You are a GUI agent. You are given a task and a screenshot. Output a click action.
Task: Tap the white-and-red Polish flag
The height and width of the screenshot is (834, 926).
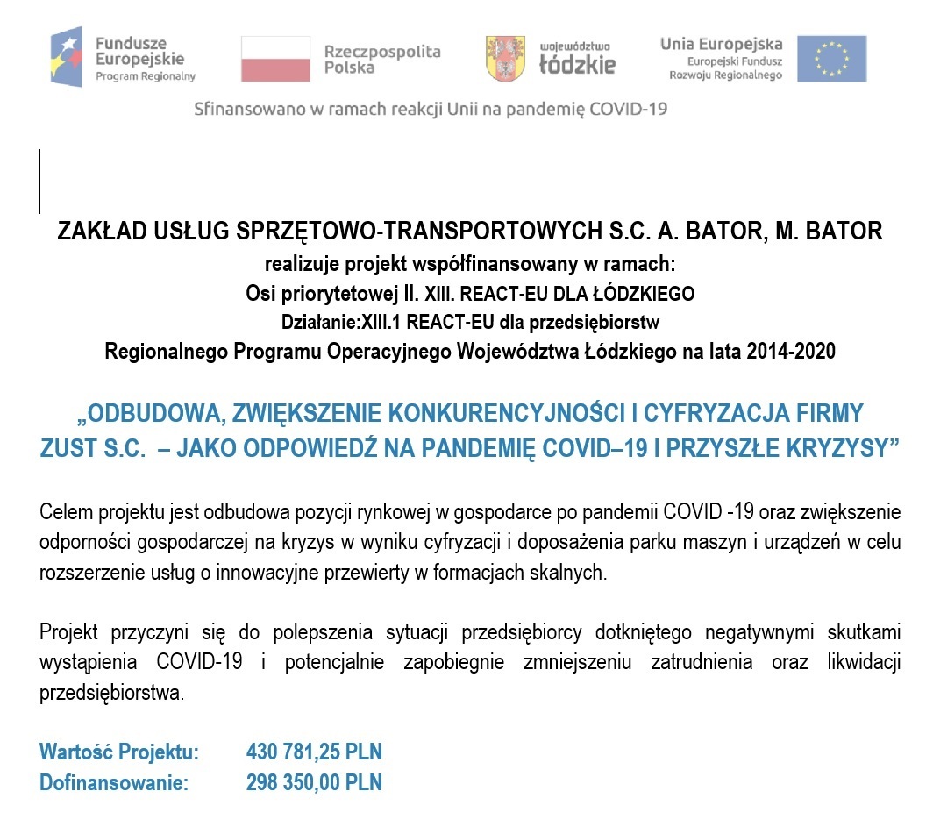[x=275, y=59]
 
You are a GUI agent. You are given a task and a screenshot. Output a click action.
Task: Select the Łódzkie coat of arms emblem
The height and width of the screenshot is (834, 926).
[x=505, y=59]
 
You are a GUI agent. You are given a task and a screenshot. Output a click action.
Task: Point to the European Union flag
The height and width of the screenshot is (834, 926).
[x=831, y=59]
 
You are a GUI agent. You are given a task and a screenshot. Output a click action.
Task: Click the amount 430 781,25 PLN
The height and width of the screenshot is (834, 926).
[x=314, y=752]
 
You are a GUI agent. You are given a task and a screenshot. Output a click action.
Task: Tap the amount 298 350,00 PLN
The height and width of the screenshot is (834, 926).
[x=314, y=782]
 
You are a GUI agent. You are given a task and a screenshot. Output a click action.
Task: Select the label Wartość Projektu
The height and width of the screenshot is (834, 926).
[x=119, y=752]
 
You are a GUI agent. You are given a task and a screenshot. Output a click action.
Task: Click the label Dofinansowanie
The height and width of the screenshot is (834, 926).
[x=114, y=782]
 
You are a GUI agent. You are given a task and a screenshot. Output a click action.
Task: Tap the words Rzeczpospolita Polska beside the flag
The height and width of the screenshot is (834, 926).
[x=382, y=59]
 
